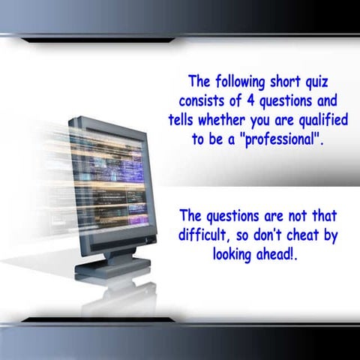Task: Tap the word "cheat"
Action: coord(303,235)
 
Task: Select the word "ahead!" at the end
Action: coord(280,253)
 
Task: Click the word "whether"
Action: coord(224,120)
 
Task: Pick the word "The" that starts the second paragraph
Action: coord(190,216)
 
